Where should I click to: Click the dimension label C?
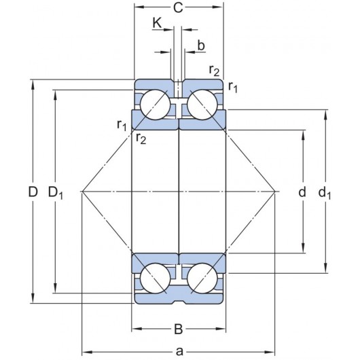(x=178, y=9)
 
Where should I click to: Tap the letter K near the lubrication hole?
(x=157, y=24)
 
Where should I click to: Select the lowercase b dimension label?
(x=200, y=46)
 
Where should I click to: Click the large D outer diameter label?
(x=32, y=192)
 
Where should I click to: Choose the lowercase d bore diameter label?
(x=302, y=192)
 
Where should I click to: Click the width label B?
(x=178, y=330)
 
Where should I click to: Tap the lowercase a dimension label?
(x=179, y=350)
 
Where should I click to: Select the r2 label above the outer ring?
(x=214, y=70)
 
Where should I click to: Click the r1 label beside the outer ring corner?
(x=233, y=86)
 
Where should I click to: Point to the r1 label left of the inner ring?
(x=122, y=124)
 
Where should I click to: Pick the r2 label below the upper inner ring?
(x=141, y=139)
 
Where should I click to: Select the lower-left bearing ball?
(x=156, y=277)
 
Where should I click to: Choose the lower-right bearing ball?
(x=202, y=277)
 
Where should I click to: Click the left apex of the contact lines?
(x=82, y=192)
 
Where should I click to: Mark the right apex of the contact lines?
(x=275, y=192)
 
